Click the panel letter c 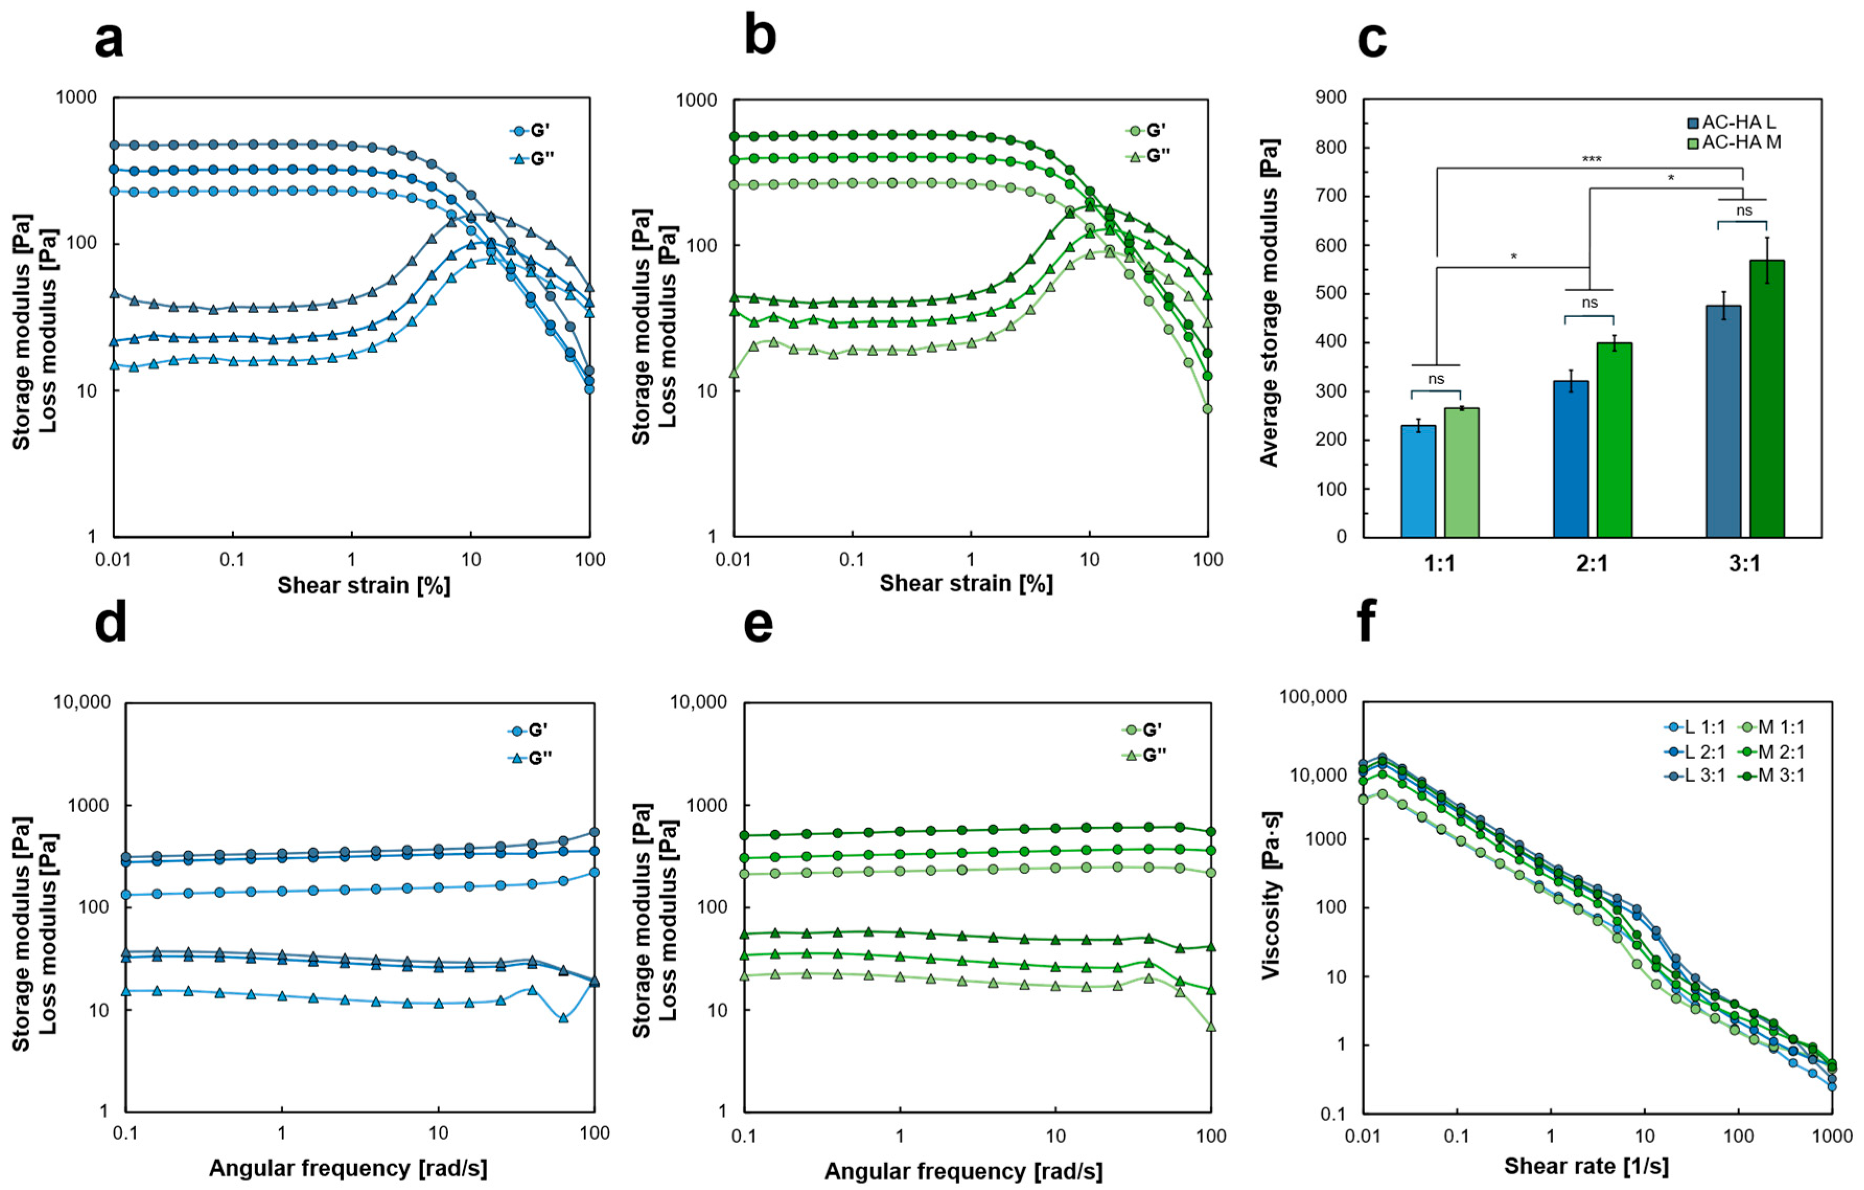1372,40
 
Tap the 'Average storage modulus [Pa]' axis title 1269,303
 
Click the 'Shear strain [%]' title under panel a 364,585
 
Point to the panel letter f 1368,624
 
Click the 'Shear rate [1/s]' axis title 1586,1166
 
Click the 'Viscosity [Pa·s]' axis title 1272,895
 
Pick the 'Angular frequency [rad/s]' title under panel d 348,1168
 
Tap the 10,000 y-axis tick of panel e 698,702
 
